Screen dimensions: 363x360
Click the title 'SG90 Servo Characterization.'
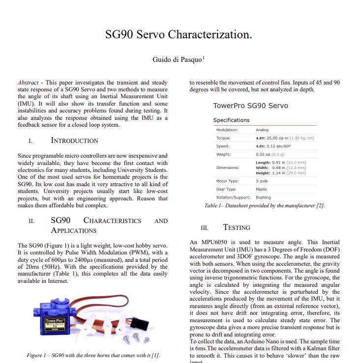[179, 34]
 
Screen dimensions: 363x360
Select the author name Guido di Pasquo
[177, 59]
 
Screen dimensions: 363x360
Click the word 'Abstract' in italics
[28, 83]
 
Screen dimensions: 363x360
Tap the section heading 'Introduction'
[74, 140]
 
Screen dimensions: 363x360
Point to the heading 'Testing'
[237, 227]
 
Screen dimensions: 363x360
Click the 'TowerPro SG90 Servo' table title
[250, 106]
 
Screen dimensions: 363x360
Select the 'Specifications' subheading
[231, 120]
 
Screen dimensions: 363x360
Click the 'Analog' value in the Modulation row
[262, 130]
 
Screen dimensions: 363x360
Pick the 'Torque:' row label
[223, 138]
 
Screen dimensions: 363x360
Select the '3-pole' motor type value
[262, 181]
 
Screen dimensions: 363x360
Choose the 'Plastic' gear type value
[262, 189]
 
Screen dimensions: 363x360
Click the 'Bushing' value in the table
[263, 197]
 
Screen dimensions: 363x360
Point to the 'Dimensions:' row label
[227, 168]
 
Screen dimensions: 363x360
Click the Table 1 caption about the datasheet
[264, 206]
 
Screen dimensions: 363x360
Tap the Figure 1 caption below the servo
[92, 355]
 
